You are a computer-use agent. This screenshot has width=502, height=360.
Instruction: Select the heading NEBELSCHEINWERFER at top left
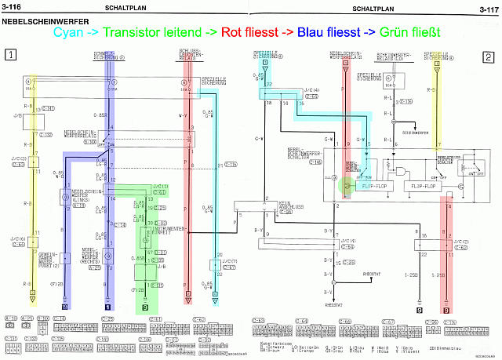pos(35,23)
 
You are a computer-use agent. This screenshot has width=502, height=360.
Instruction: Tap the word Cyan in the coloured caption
pos(69,34)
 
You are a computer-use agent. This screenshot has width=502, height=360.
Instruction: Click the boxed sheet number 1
pos(10,56)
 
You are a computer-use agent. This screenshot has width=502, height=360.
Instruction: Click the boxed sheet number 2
pos(488,56)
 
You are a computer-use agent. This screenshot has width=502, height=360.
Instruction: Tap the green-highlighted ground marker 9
pos(145,307)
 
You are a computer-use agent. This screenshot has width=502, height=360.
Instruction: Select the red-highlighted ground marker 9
pos(446,311)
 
